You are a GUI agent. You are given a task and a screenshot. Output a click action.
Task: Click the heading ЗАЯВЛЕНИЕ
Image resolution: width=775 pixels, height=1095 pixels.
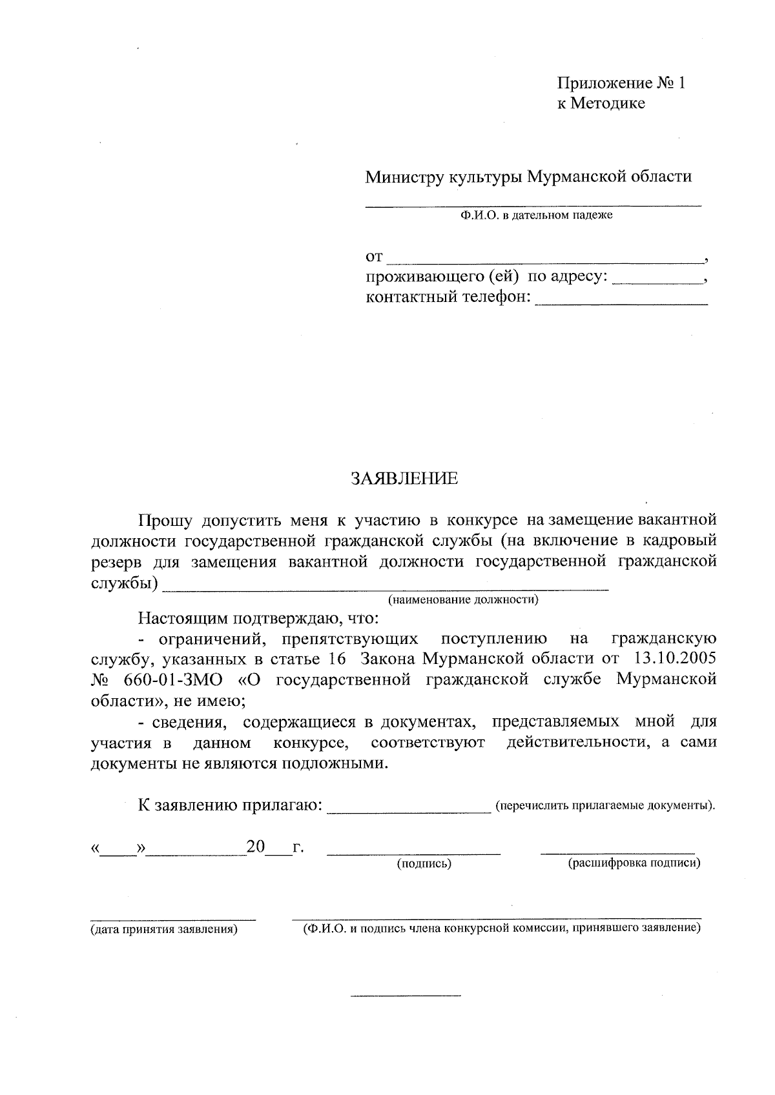[404, 478]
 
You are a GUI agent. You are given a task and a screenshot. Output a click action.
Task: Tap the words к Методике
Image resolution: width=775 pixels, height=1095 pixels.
[601, 103]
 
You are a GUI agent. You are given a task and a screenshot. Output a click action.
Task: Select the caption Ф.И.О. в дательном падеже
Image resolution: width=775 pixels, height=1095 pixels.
[536, 216]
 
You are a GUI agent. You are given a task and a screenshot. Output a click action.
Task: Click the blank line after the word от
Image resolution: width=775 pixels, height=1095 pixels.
[546, 260]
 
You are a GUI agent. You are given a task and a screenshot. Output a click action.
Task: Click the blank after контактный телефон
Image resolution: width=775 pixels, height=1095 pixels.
[621, 300]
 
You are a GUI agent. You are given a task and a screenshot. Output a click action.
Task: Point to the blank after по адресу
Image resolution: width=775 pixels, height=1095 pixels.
[657, 280]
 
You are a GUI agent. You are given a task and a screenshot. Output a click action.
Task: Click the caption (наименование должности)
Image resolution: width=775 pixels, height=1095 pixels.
[462, 600]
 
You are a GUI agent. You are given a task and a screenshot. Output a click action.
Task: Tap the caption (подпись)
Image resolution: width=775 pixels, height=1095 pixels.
[424, 863]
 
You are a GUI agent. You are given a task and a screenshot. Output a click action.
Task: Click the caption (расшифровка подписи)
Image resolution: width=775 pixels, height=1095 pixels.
[634, 863]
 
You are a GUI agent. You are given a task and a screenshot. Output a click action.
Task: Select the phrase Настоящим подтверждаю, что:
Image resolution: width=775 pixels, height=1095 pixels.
[258, 619]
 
